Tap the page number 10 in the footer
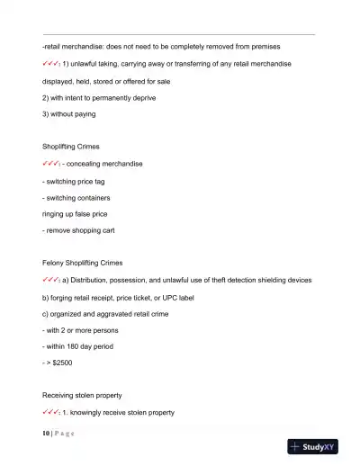point(46,432)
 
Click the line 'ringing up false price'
point(80,213)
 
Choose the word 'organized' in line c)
point(71,312)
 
